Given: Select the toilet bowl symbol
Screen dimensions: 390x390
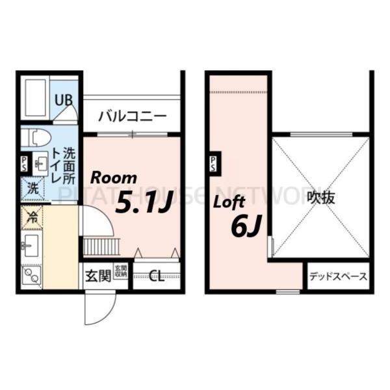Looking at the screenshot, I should (x=36, y=137).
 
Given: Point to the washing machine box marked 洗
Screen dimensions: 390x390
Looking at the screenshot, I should (x=31, y=190).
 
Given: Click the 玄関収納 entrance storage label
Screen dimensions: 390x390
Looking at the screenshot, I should (x=121, y=272).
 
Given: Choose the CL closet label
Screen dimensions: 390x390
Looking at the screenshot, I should (x=157, y=276).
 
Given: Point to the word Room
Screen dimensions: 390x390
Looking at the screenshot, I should (x=113, y=177).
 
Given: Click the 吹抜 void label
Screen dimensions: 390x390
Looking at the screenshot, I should (x=321, y=197).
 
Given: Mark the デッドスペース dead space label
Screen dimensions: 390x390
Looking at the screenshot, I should (x=337, y=276).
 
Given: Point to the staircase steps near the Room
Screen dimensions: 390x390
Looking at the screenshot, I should (x=98, y=246).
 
